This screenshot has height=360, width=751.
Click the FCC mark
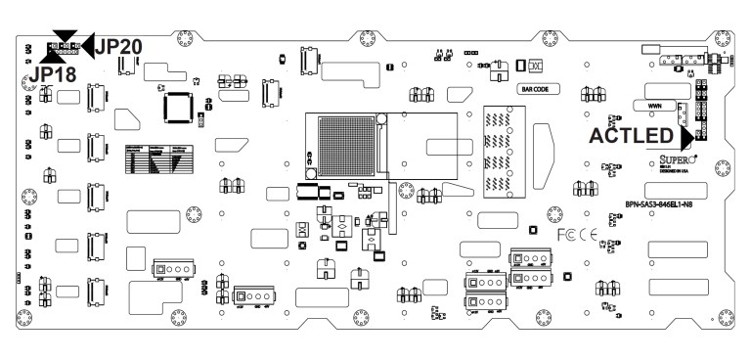pyautogui.click(x=566, y=236)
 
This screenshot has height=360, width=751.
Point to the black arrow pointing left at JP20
pyautogui.click(x=85, y=43)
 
